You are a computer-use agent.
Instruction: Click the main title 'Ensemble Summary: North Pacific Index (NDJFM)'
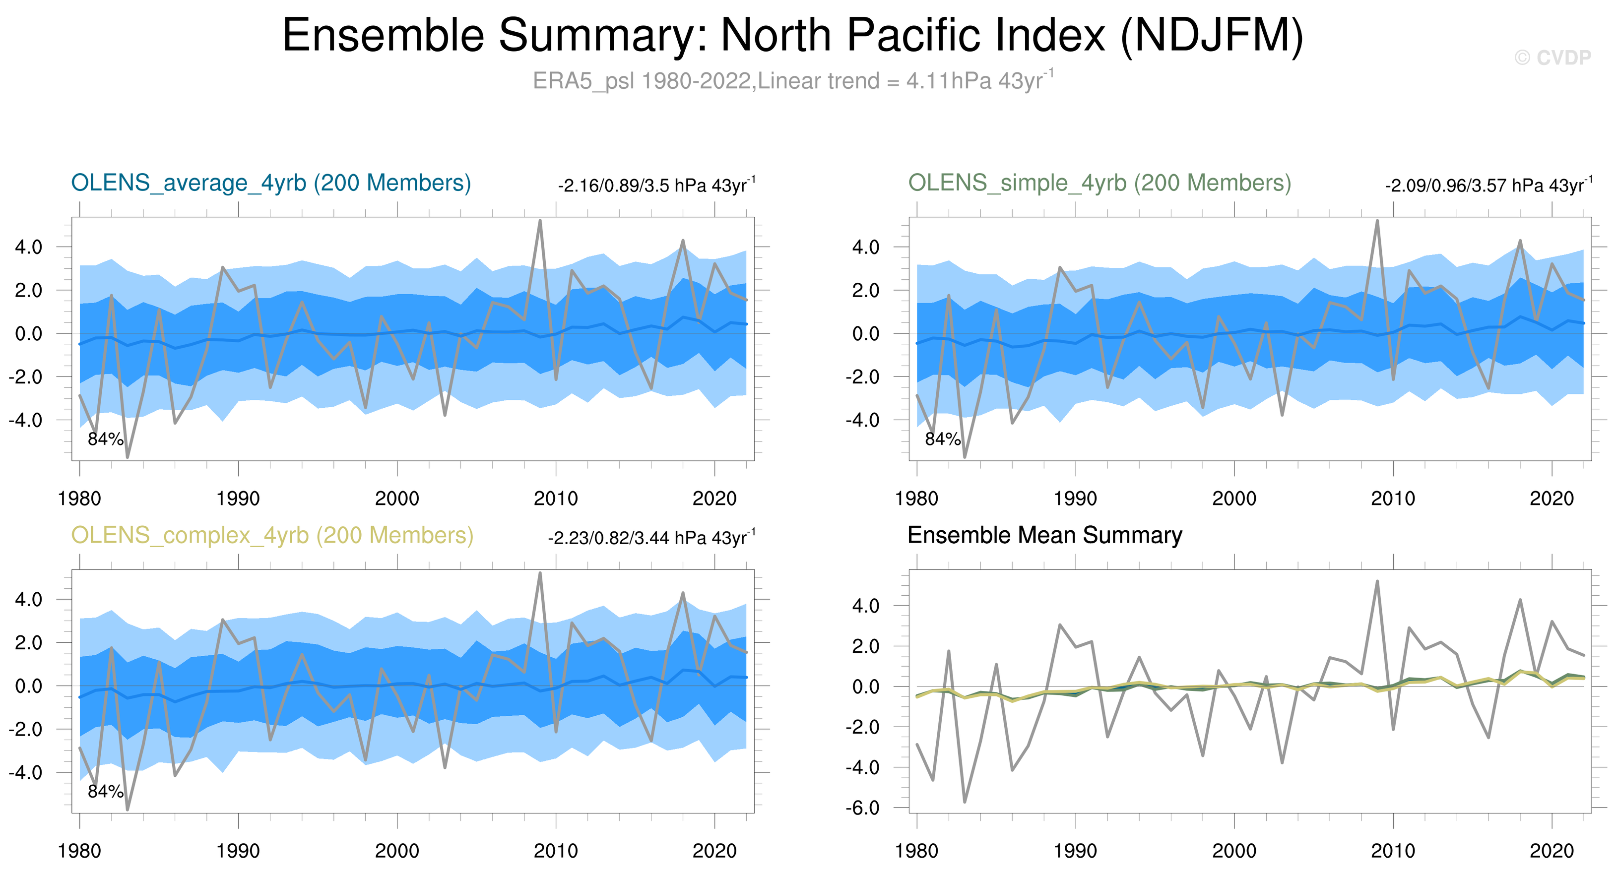792,35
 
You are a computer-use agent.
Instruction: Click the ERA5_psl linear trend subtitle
792,81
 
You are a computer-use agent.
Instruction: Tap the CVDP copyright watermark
1552,58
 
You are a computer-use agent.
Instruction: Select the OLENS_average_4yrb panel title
271,183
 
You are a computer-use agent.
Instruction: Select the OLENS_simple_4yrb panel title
1099,183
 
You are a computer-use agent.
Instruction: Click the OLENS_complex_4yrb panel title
272,535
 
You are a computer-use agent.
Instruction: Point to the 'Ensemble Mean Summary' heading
1044,535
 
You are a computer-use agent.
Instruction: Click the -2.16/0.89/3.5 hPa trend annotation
656,186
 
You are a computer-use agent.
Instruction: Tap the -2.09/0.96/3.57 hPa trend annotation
1488,186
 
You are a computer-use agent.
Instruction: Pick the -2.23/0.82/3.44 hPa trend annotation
651,538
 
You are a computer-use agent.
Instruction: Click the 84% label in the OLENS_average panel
105,439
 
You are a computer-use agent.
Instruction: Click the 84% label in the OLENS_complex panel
105,792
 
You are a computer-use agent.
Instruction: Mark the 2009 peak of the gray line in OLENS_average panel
540,221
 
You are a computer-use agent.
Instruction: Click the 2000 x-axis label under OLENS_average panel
396,499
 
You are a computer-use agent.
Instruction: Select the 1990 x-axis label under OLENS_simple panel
1075,499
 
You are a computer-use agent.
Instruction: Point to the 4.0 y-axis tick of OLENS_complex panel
29,599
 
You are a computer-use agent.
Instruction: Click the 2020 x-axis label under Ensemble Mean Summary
1551,851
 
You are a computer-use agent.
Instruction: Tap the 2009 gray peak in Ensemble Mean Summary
1377,581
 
